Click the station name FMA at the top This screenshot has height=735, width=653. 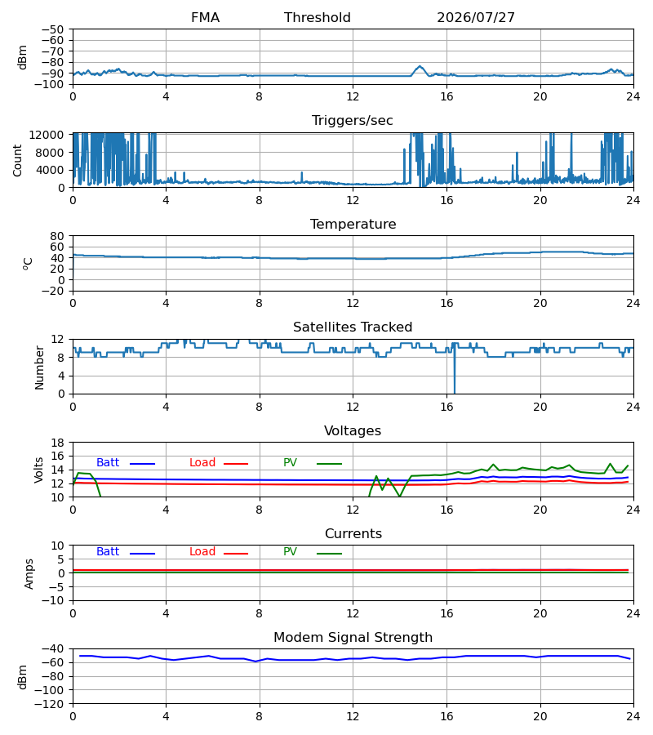pyautogui.click(x=205, y=18)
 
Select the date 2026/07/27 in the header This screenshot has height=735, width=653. pyautogui.click(x=476, y=18)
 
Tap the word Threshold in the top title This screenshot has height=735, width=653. pyautogui.click(x=318, y=18)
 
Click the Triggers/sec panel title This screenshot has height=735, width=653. pyautogui.click(x=353, y=121)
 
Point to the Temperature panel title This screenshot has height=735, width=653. pyautogui.click(x=353, y=224)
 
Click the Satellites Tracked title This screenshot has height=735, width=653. pyautogui.click(x=353, y=327)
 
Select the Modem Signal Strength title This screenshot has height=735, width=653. pyautogui.click(x=353, y=638)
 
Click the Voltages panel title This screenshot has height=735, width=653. pyautogui.click(x=353, y=430)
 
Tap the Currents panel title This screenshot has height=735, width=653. pyautogui.click(x=353, y=534)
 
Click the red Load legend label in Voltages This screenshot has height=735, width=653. pyautogui.click(x=202, y=463)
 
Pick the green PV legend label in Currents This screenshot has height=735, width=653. pyautogui.click(x=290, y=552)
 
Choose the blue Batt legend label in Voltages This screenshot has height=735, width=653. pyautogui.click(x=108, y=463)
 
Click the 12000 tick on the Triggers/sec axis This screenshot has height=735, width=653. pyautogui.click(x=47, y=135)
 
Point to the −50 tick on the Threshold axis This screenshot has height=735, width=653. pyautogui.click(x=52, y=29)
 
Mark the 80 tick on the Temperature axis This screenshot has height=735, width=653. pyautogui.click(x=56, y=236)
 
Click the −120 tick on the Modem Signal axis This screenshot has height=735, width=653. pyautogui.click(x=50, y=704)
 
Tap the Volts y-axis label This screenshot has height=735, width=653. pyautogui.click(x=39, y=470)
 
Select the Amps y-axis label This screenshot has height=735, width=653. pyautogui.click(x=29, y=574)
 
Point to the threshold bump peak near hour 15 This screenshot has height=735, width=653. pyautogui.click(x=420, y=67)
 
